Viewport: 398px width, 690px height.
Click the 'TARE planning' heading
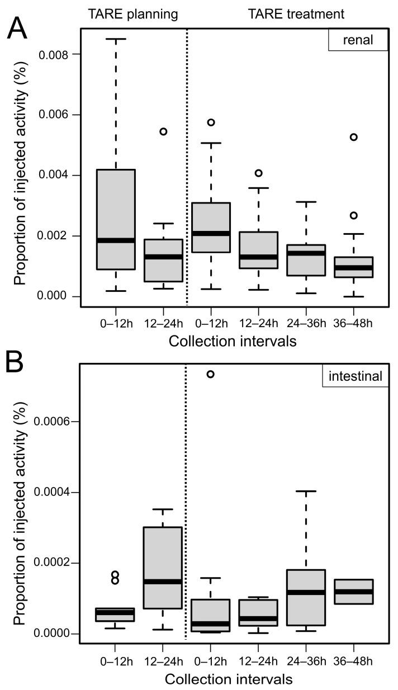[134, 15]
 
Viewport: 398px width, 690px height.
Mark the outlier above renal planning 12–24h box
[163, 131]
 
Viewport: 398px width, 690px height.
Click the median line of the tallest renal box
[116, 240]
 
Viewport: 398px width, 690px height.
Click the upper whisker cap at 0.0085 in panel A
[116, 39]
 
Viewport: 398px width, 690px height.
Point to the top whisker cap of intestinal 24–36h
[306, 491]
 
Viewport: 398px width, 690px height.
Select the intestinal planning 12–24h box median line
[163, 582]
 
